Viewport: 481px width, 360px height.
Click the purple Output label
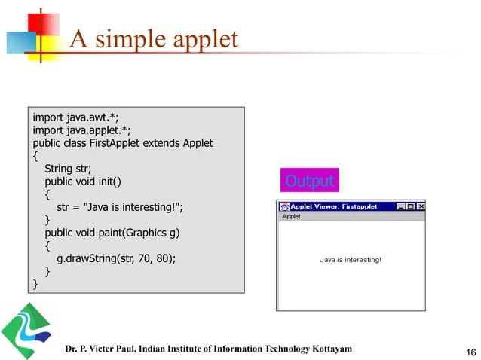point(309,181)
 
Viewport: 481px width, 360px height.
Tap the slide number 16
point(471,352)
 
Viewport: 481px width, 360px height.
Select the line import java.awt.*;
point(75,117)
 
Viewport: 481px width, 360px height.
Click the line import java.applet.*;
point(81,130)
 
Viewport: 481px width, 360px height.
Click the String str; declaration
point(68,169)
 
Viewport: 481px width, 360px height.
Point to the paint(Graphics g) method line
point(112,233)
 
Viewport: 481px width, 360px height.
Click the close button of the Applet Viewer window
point(421,206)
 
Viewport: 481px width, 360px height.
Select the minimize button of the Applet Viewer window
point(401,206)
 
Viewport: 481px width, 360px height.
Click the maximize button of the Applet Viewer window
point(411,206)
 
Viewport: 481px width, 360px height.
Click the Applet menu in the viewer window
point(291,216)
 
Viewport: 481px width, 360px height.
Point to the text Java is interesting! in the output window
point(351,260)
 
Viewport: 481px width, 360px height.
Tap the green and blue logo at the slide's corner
point(26,330)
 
